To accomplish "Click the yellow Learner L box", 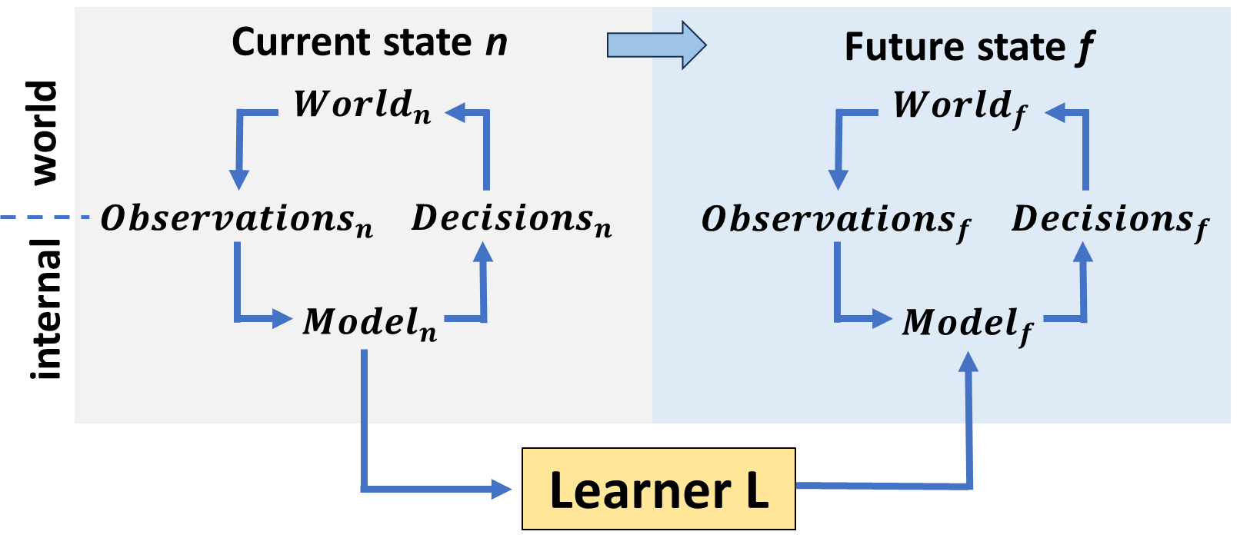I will tap(658, 489).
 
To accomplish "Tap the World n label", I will tap(362, 106).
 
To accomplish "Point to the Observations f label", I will tap(835, 221).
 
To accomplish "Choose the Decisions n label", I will tap(512, 220).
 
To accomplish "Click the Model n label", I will tap(370, 323).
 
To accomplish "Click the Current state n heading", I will tap(369, 42).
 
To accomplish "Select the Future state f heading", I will tap(969, 48).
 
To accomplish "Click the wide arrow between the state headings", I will tap(655, 45).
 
